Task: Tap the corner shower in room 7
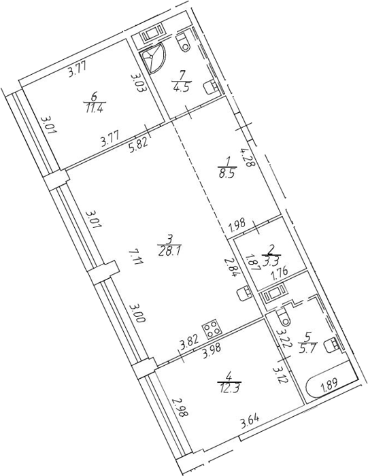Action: [154, 61]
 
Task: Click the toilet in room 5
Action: [284, 316]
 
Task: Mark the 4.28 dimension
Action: [246, 158]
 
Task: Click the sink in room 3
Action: [244, 293]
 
